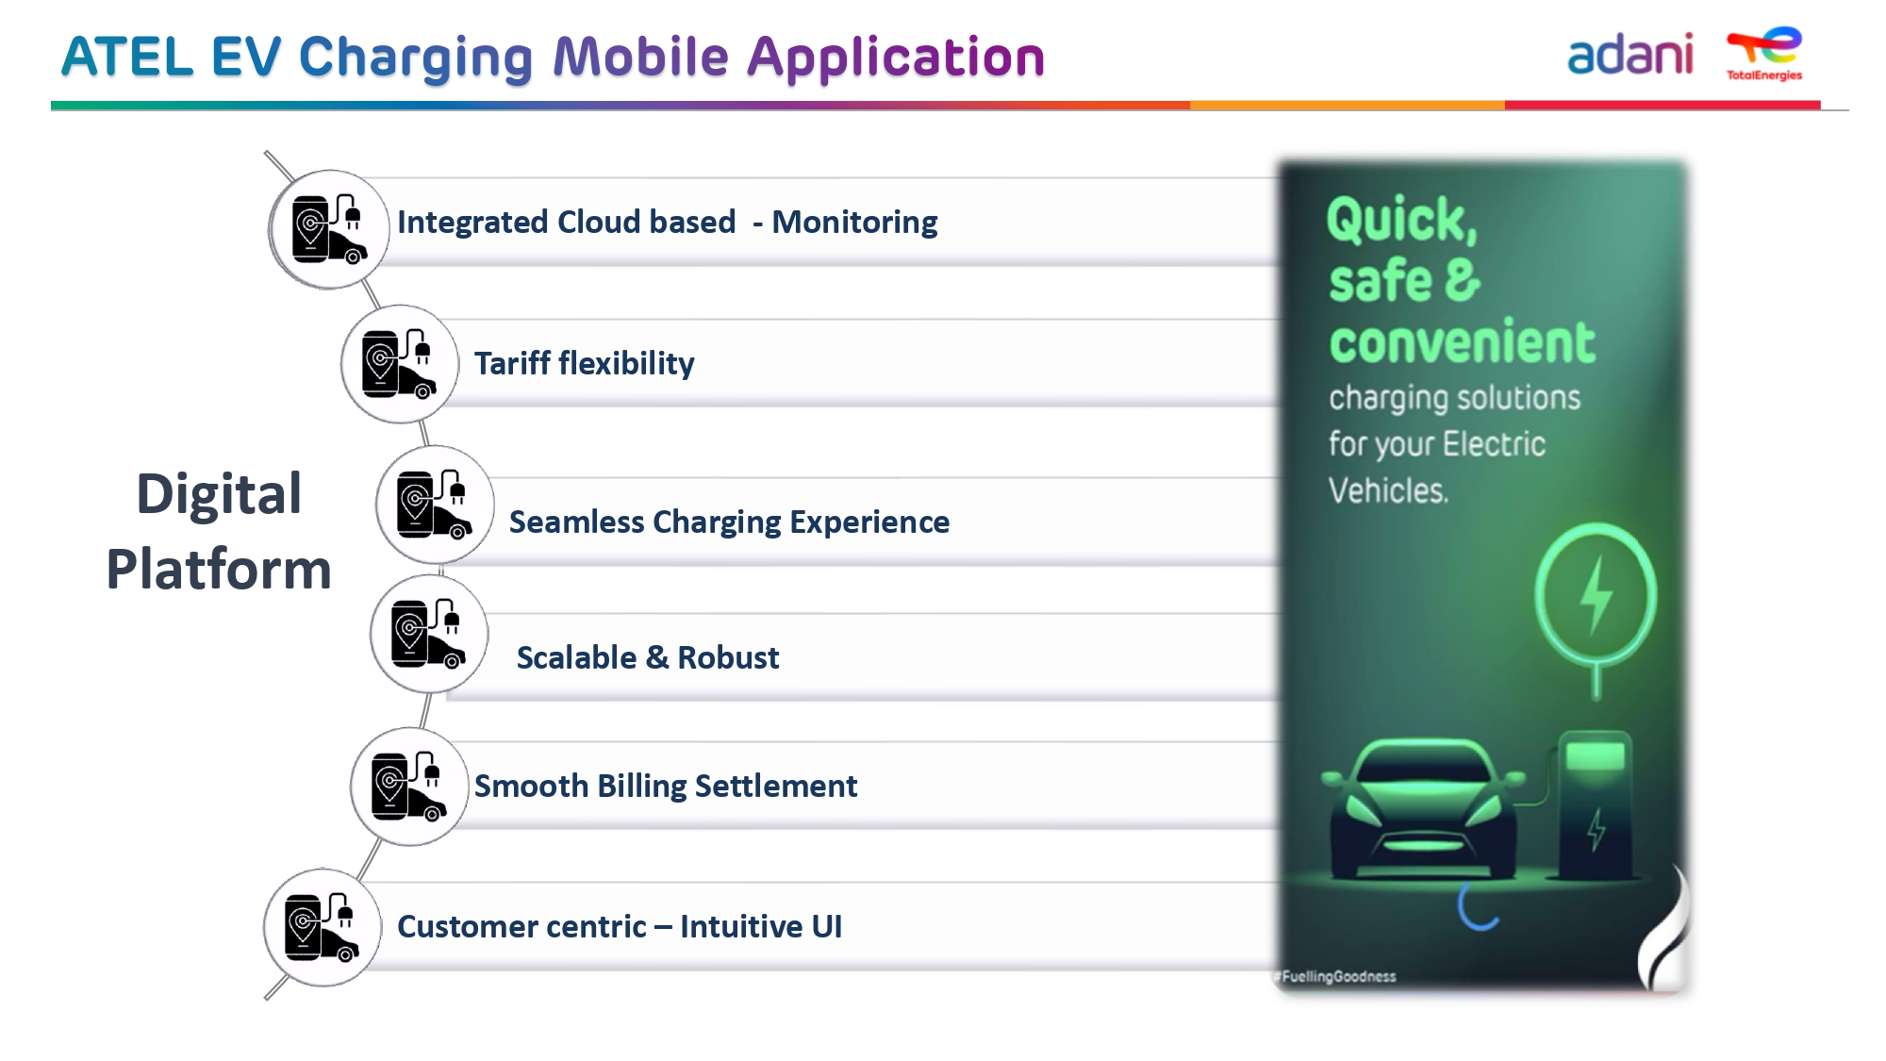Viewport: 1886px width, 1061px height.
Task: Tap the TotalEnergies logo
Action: click(1764, 54)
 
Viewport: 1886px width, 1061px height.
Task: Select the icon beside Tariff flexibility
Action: click(400, 363)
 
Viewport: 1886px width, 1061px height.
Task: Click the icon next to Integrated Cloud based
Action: click(329, 229)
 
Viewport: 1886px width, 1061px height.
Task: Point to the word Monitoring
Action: click(854, 223)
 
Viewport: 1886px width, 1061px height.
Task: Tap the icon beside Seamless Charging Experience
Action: click(435, 505)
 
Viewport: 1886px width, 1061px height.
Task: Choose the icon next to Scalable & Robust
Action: click(429, 634)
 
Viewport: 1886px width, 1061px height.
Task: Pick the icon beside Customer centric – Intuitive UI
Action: click(323, 928)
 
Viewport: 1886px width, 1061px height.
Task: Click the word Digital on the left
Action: click(219, 493)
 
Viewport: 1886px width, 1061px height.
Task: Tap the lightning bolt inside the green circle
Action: click(1596, 595)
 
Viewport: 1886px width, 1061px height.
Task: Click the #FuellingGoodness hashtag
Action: click(1335, 976)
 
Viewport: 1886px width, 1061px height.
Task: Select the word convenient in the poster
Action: click(1462, 341)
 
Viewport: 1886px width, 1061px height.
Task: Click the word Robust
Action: click(728, 657)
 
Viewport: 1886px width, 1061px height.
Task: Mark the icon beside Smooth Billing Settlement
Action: click(409, 786)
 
